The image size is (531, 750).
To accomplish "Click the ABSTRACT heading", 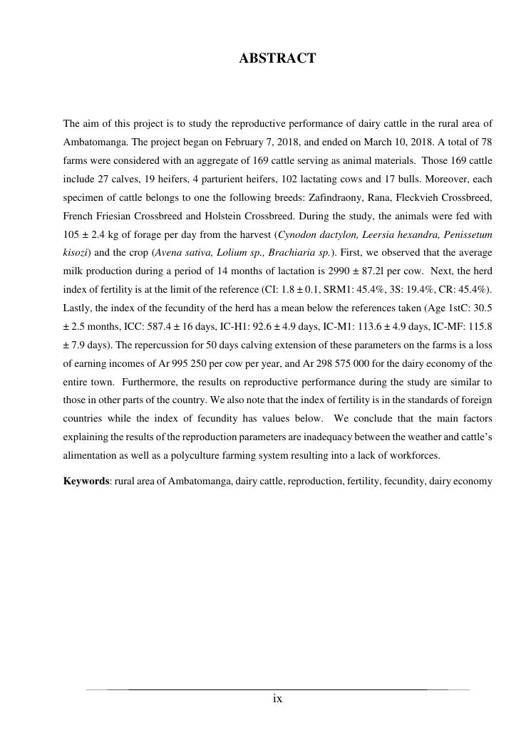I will [277, 59].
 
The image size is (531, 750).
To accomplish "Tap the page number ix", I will [277, 699].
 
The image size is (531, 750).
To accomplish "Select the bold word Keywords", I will [86, 481].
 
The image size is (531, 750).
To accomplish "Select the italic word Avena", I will [169, 253].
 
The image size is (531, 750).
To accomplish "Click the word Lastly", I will [78, 308].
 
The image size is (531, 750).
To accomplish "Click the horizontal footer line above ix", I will [277, 689].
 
